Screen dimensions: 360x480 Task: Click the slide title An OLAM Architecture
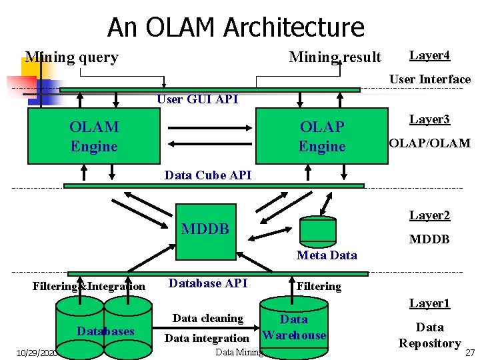(236, 27)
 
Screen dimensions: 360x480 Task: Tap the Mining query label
(71, 57)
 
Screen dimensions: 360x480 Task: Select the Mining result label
(335, 57)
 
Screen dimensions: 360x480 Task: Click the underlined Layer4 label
(429, 55)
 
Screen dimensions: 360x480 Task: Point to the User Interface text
(429, 79)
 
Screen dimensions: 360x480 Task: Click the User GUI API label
(197, 99)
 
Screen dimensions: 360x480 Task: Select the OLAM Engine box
(93, 137)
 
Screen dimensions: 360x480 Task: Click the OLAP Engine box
(322, 137)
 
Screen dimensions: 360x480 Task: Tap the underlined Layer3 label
(429, 119)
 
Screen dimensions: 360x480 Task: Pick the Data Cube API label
(208, 175)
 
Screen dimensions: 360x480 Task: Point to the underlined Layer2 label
(429, 215)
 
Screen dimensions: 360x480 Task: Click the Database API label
(208, 283)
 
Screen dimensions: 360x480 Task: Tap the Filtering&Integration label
(89, 287)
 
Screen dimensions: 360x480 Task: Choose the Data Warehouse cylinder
(294, 327)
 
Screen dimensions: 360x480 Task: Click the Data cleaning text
(207, 319)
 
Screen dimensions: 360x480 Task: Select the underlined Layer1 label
(429, 304)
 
